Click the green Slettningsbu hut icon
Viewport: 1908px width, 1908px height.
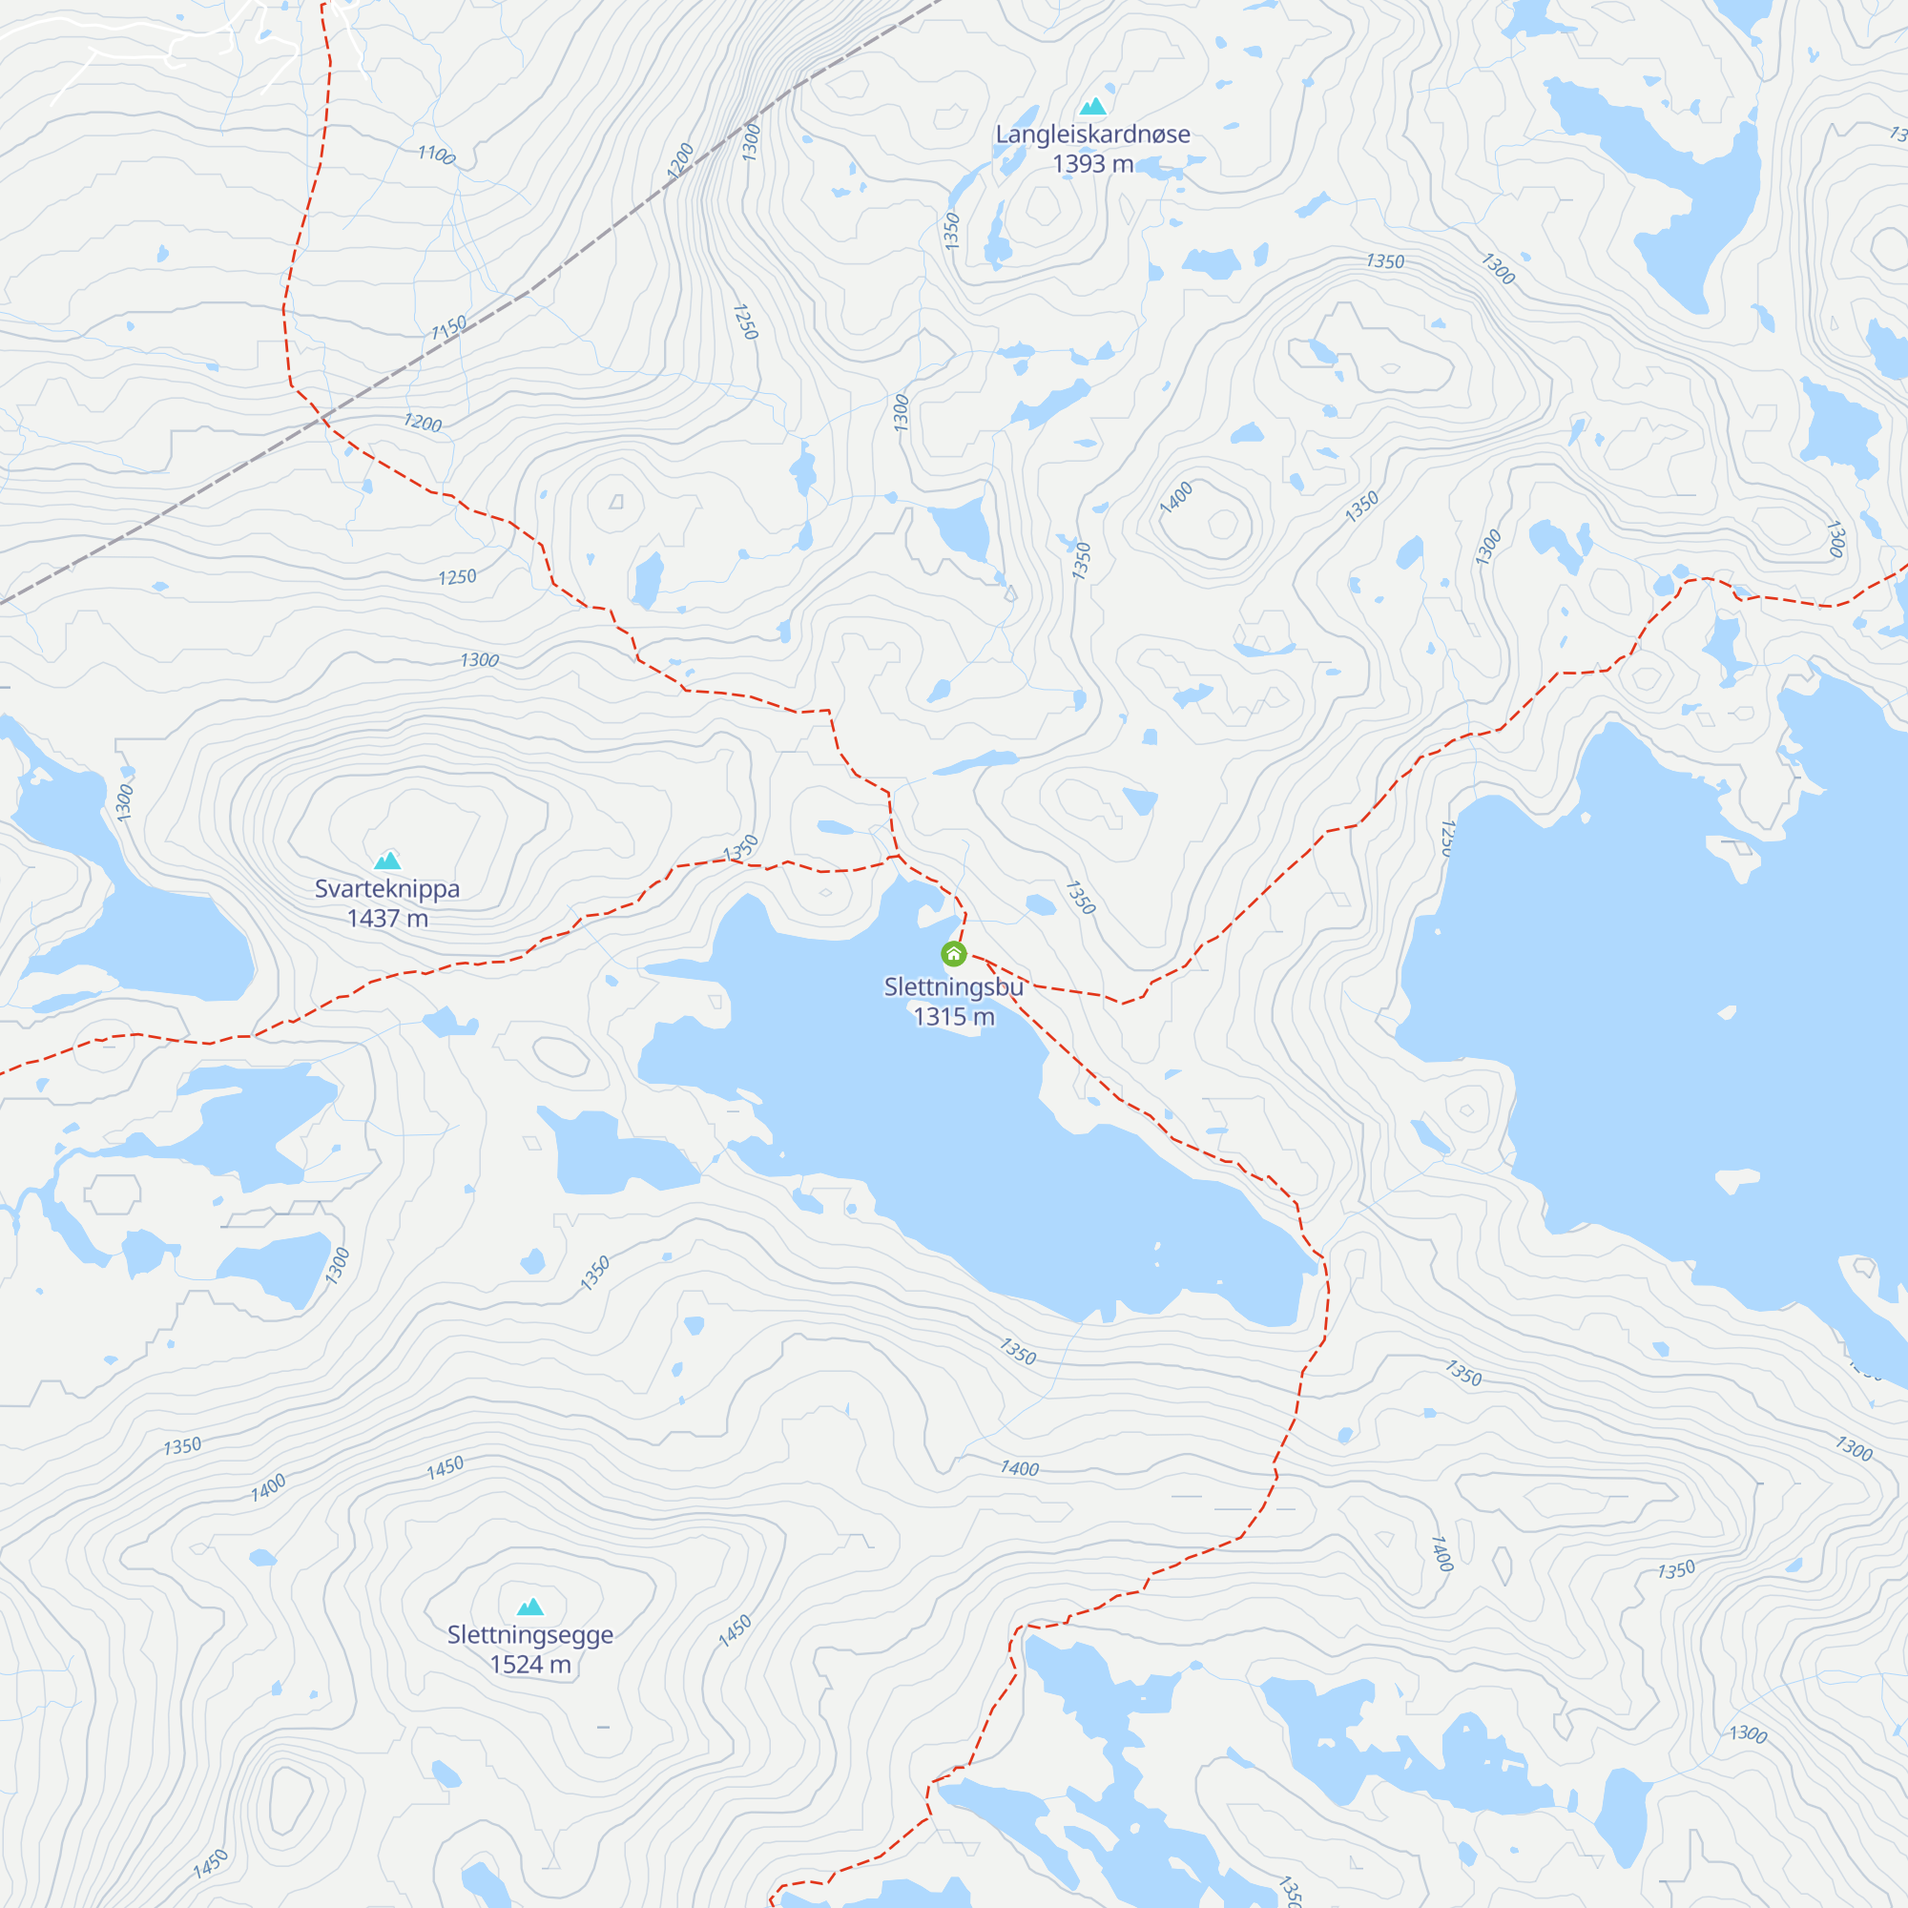point(953,954)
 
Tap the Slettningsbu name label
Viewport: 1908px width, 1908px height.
point(953,986)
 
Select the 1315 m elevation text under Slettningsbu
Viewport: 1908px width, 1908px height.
point(953,1016)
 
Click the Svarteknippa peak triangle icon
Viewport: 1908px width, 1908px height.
point(387,861)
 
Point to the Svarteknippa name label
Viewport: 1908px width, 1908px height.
point(387,889)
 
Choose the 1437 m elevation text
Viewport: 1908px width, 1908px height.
point(387,919)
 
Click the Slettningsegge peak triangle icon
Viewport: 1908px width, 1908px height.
point(530,1607)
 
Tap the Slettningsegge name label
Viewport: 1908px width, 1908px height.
point(530,1635)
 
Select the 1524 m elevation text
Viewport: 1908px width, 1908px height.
point(530,1665)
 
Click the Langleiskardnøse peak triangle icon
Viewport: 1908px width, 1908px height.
point(1092,107)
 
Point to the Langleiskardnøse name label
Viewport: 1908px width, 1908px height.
point(1092,135)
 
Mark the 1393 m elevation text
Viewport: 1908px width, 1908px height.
point(1092,164)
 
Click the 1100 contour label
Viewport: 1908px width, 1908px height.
point(436,156)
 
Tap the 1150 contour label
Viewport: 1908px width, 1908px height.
point(449,327)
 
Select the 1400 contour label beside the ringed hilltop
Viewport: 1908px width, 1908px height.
point(1176,497)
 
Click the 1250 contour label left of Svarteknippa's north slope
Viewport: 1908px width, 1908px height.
point(457,577)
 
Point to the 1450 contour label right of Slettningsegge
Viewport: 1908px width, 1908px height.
point(735,1630)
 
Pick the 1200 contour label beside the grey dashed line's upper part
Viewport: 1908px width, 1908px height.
point(680,160)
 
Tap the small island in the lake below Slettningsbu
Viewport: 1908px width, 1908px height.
point(1157,1255)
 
